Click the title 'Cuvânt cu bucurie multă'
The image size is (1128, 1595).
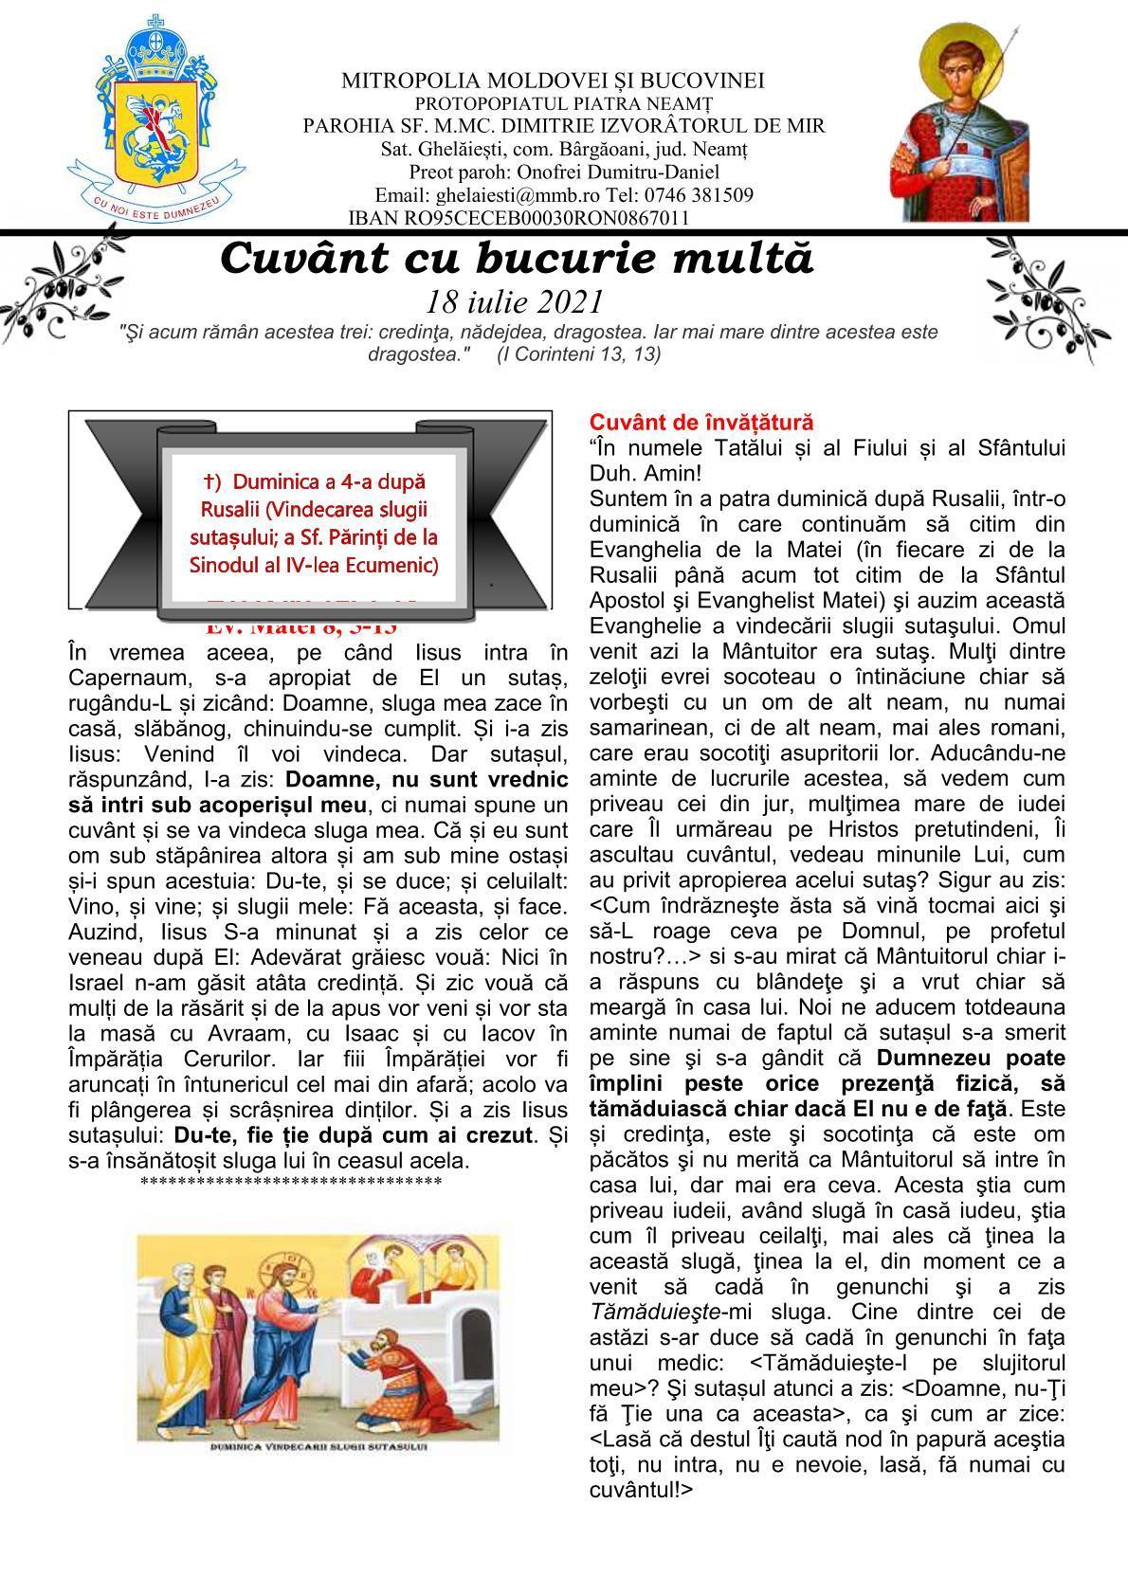517,259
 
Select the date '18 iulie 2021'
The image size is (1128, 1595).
515,301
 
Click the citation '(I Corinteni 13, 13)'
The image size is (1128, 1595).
578,353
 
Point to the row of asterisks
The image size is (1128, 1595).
290,1182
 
